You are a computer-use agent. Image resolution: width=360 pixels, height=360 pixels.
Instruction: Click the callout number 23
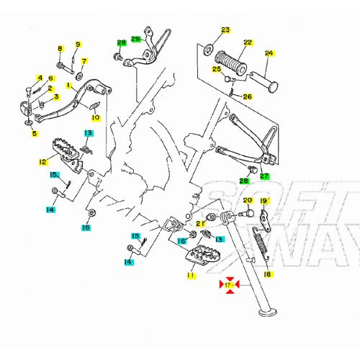pyautogui.click(x=225, y=30)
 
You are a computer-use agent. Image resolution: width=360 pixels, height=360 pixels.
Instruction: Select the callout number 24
pyautogui.click(x=269, y=53)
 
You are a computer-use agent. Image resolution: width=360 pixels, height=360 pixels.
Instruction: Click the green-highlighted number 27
pyautogui.click(x=264, y=176)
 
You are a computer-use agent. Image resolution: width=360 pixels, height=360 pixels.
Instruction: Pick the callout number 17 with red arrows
pyautogui.click(x=228, y=287)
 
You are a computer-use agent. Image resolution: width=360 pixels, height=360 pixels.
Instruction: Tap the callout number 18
pyautogui.click(x=268, y=274)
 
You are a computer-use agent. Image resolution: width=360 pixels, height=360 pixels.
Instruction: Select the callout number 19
pyautogui.click(x=264, y=201)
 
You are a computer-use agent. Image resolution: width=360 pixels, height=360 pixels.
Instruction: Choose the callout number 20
pyautogui.click(x=247, y=201)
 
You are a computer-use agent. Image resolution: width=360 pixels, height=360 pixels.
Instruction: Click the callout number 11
pyautogui.click(x=191, y=275)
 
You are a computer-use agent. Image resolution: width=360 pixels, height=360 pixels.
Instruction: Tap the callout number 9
pyautogui.click(x=78, y=45)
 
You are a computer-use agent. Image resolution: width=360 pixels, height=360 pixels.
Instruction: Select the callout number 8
pyautogui.click(x=60, y=49)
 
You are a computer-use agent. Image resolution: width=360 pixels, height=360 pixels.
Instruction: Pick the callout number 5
pyautogui.click(x=33, y=133)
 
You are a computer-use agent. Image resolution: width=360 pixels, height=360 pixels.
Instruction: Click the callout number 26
pyautogui.click(x=247, y=96)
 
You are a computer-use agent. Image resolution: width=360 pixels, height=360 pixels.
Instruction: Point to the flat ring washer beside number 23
pyautogui.click(x=208, y=48)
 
